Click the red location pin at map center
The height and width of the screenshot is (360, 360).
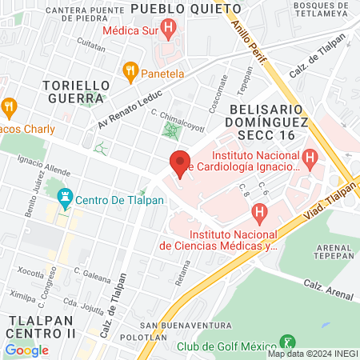point(181,163)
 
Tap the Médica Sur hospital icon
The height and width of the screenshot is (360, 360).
point(168,31)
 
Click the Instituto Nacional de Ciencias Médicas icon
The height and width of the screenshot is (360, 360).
point(258,214)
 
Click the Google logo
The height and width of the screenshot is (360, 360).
point(26,350)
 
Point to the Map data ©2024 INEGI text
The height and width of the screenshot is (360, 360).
point(313,354)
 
